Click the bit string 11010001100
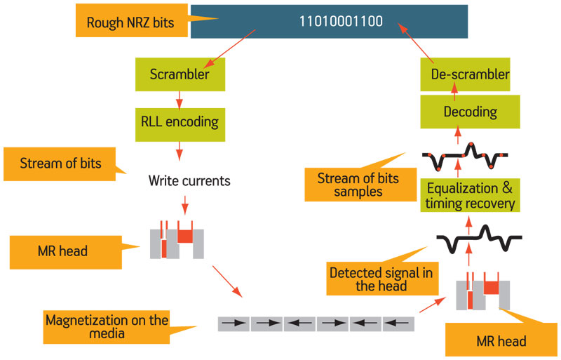click(x=341, y=22)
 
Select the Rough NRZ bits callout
click(x=131, y=20)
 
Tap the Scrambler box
click(x=180, y=74)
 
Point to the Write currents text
click(x=189, y=180)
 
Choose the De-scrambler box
click(x=465, y=74)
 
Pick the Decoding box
click(x=470, y=112)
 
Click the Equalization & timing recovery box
click(x=470, y=196)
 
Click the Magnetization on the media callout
click(x=107, y=327)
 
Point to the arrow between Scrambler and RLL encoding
click(x=180, y=100)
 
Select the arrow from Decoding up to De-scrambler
click(x=454, y=92)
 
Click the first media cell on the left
click(x=234, y=324)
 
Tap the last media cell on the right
click(x=398, y=324)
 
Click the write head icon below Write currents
click(x=177, y=239)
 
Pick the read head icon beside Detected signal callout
click(x=483, y=291)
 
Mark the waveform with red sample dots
click(x=465, y=156)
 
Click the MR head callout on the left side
click(x=66, y=252)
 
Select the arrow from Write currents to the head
click(x=184, y=205)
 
